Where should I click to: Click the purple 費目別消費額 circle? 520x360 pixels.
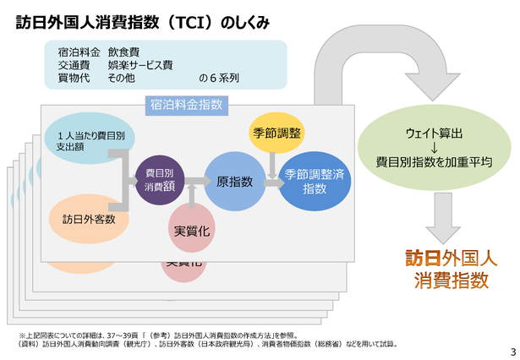click(160, 180)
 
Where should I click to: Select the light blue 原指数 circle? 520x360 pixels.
click(235, 181)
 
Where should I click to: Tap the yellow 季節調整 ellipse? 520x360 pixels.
click(276, 133)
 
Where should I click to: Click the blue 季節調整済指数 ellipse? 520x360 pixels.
click(315, 181)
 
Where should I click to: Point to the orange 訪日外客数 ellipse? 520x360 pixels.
click(89, 219)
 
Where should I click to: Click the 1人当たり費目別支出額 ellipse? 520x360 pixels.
click(90, 139)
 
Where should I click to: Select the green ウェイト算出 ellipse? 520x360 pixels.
click(434, 148)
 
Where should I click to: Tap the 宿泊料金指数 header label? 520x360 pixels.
click(187, 105)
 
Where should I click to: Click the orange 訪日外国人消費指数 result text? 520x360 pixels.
click(451, 269)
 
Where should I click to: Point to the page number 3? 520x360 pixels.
click(513, 352)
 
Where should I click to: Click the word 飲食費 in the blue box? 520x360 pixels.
click(123, 52)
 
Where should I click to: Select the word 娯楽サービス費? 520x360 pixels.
click(140, 64)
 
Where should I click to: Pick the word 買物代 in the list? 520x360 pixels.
click(74, 78)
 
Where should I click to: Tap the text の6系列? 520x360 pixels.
click(219, 79)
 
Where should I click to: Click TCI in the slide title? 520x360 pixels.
click(190, 23)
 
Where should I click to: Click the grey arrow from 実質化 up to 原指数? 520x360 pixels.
click(192, 195)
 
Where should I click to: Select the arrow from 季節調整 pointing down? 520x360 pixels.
click(272, 166)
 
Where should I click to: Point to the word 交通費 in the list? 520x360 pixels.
click(74, 64)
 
